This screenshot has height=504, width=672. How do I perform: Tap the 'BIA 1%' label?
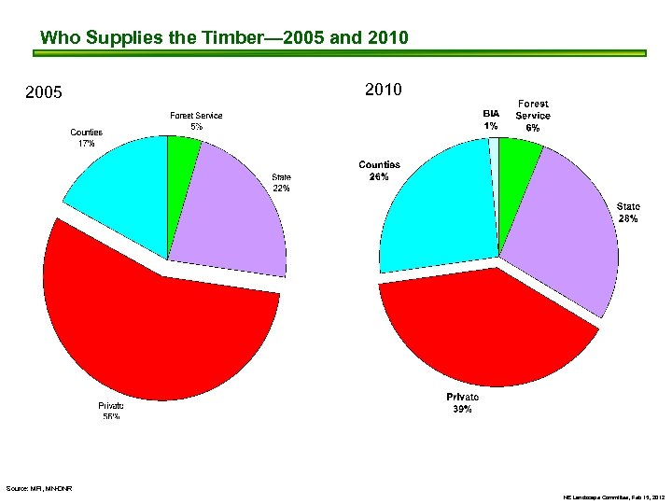click(x=490, y=119)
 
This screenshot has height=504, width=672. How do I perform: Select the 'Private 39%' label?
click(x=462, y=403)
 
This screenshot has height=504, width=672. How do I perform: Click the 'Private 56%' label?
click(x=111, y=412)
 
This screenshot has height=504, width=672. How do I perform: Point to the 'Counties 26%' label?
click(x=380, y=171)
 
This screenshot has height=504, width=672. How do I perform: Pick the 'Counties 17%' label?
click(x=87, y=138)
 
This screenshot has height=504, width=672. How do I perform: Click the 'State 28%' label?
click(x=628, y=211)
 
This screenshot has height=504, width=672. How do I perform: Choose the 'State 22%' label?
click(x=281, y=182)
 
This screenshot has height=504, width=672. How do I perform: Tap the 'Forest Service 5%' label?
click(x=196, y=120)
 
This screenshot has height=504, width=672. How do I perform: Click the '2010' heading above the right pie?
click(x=384, y=91)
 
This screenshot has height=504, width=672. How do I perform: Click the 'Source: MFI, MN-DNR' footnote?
click(x=40, y=488)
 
